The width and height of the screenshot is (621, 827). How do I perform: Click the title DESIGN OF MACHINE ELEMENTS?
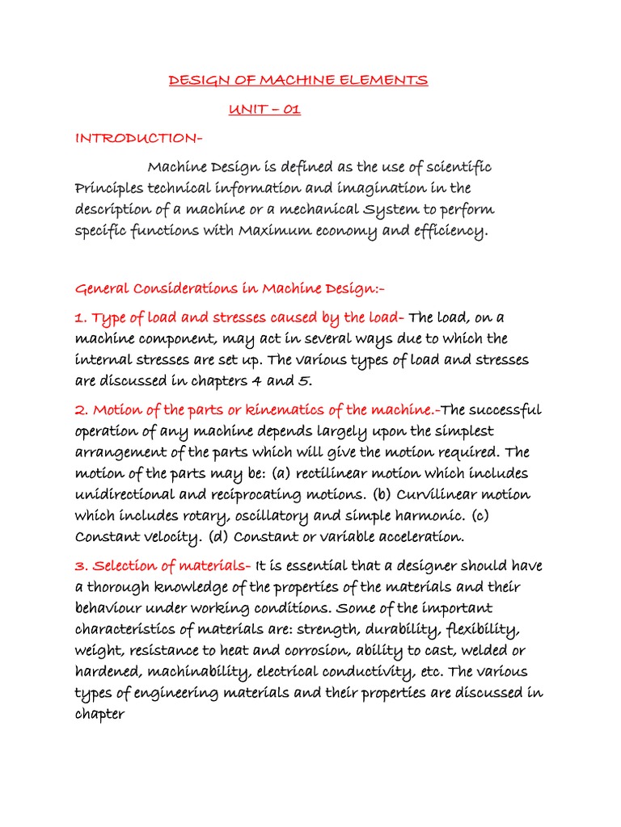pyautogui.click(x=298, y=80)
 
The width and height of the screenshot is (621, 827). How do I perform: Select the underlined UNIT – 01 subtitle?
pyautogui.click(x=264, y=110)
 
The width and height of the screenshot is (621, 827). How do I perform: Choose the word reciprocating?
pyautogui.click(x=276, y=493)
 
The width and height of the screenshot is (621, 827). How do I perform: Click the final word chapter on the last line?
pyautogui.click(x=100, y=714)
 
